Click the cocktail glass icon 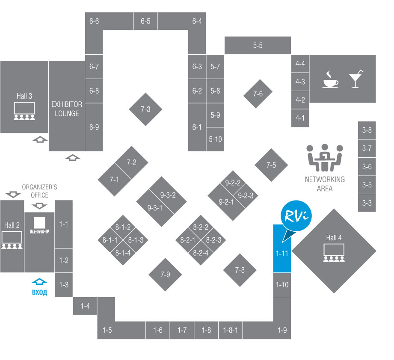355,79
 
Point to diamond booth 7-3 145,109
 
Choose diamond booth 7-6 258,94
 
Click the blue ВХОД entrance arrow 39,282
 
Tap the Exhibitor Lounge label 65,109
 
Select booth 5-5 258,45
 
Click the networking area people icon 325,156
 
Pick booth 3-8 367,130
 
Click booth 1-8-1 230,330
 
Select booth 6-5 145,21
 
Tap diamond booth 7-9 166,274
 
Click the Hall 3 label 24,96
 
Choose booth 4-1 300,118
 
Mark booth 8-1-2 123,227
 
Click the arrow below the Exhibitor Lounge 73,157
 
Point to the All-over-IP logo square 39,223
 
